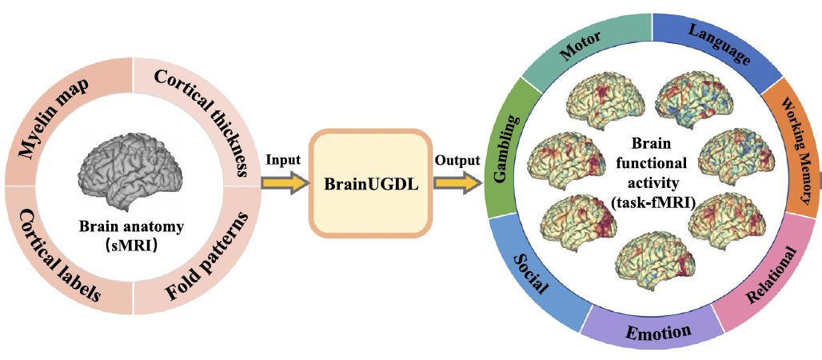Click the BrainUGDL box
tap(369, 182)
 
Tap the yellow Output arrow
tap(457, 183)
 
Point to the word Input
tap(283, 159)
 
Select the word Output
tap(457, 159)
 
